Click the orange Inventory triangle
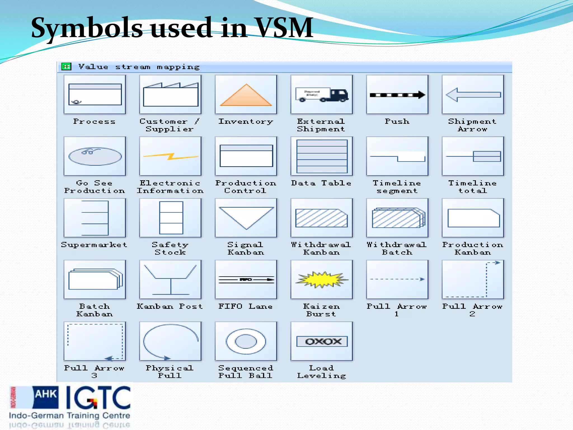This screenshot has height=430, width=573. tap(246, 97)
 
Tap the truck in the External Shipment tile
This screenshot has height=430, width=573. tap(322, 95)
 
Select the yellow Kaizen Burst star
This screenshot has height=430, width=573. tap(322, 279)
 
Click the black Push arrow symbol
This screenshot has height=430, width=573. tap(397, 95)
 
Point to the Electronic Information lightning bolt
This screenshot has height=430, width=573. tap(170, 156)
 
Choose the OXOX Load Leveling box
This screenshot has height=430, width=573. tap(322, 341)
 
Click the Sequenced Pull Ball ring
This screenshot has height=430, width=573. tap(246, 341)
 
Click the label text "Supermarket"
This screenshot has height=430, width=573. tap(94, 245)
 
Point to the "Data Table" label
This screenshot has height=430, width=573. tap(321, 183)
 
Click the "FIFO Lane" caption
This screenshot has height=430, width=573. tap(245, 307)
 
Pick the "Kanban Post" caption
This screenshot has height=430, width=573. tap(170, 307)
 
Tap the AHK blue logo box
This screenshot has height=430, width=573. tap(46, 397)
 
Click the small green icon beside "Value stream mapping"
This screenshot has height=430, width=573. tap(67, 67)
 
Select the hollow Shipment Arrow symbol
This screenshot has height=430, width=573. tap(473, 95)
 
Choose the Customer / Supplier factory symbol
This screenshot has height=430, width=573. tap(170, 95)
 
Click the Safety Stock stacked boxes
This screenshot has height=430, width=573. tap(171, 218)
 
